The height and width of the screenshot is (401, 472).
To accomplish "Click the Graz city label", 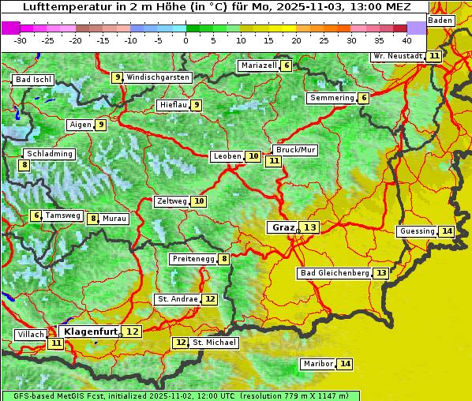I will pyautogui.click(x=283, y=227).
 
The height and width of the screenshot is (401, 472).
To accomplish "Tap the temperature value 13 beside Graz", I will pyautogui.click(x=310, y=227).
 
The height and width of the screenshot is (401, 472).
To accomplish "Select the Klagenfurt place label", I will pyautogui.click(x=91, y=332).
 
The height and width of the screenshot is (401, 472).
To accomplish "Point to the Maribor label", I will pyautogui.click(x=317, y=364).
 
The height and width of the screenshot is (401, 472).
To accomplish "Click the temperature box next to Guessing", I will pyautogui.click(x=448, y=231).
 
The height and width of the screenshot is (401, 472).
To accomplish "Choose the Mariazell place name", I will pyautogui.click(x=259, y=66).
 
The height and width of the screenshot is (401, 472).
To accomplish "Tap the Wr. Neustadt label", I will pyautogui.click(x=397, y=56).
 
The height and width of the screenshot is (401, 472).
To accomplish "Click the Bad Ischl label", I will pyautogui.click(x=33, y=80).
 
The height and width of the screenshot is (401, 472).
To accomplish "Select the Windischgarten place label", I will pyautogui.click(x=158, y=77).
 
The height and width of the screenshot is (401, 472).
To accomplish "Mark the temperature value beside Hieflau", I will pyautogui.click(x=197, y=105).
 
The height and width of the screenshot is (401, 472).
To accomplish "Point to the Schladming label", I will pyautogui.click(x=49, y=154).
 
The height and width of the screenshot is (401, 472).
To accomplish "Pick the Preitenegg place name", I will pyautogui.click(x=193, y=259).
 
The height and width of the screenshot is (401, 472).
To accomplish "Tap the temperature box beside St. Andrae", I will pyautogui.click(x=210, y=299).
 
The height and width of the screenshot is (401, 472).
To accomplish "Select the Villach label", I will pyautogui.click(x=31, y=335).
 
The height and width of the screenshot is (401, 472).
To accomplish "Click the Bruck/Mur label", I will pyautogui.click(x=295, y=149).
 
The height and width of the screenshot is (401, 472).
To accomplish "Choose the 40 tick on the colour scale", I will pyautogui.click(x=406, y=39).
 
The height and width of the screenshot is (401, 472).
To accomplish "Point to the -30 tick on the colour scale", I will pyautogui.click(x=21, y=39).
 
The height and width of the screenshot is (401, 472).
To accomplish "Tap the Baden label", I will pyautogui.click(x=440, y=21).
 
